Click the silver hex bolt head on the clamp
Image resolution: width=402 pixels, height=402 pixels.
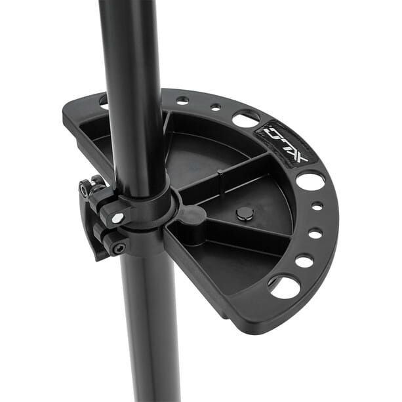click(x=117, y=218)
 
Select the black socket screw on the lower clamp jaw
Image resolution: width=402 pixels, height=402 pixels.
click(x=119, y=249)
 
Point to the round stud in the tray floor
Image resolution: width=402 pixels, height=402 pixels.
click(x=245, y=214)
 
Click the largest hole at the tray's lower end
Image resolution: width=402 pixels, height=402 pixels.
click(x=285, y=288)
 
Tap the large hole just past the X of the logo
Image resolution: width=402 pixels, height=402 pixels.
click(x=310, y=182)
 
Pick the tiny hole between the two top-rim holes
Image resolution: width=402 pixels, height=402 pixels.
click(x=216, y=107)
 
